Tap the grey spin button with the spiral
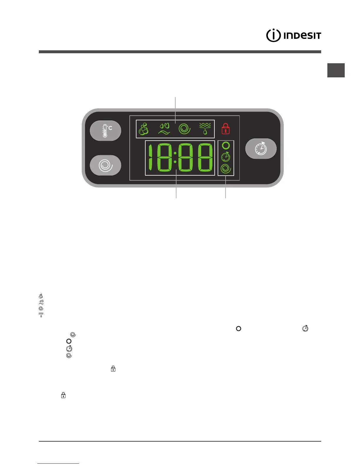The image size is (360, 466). click(105, 165)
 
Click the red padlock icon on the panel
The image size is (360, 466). click(226, 129)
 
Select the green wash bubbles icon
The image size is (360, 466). click(144, 129)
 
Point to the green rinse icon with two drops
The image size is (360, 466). click(164, 129)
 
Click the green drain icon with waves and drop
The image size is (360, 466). click(205, 129)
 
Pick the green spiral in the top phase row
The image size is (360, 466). click(185, 129)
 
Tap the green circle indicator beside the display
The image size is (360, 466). click(226, 146)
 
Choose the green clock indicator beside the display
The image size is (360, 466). click(226, 157)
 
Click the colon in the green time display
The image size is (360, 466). click(175, 158)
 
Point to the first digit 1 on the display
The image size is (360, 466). click(151, 158)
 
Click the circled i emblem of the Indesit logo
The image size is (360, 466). click(273, 36)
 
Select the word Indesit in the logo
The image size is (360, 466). click(302, 36)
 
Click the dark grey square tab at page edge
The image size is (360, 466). click(336, 70)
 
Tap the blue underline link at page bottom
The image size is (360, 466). click(58, 463)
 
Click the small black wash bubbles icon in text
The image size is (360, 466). click(41, 296)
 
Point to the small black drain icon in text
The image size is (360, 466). click(41, 315)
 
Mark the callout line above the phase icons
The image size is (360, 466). click(176, 107)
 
